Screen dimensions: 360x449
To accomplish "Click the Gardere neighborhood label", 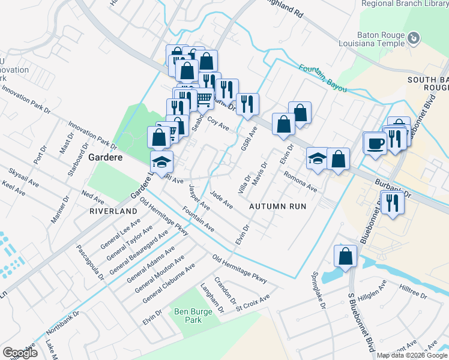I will (x=106, y=157).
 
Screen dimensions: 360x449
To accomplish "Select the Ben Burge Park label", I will (x=190, y=315).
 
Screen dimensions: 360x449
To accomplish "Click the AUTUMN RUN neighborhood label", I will (x=277, y=206).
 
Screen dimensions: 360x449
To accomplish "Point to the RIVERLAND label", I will (x=113, y=212).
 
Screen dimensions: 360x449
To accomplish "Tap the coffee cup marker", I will (x=376, y=144).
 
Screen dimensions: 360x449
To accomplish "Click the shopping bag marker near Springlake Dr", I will (x=346, y=256).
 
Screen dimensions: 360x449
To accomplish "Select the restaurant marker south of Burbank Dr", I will (x=393, y=202).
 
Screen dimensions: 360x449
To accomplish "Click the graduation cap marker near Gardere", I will (x=161, y=162).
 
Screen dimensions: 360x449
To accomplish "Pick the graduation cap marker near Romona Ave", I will (x=318, y=158).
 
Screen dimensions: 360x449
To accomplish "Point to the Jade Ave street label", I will (x=221, y=199).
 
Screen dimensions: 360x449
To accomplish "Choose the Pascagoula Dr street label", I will (x=91, y=261).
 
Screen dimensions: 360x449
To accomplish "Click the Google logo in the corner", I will (x=20, y=353).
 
